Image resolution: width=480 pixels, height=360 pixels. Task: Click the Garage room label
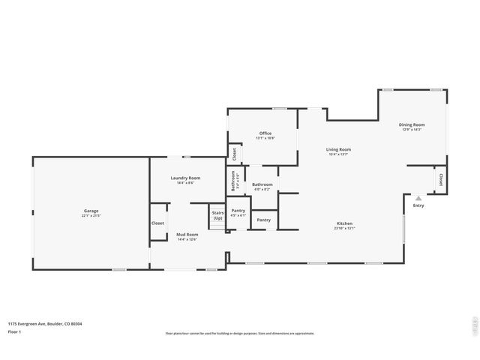[91, 211]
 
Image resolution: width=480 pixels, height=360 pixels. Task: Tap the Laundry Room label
[185, 178]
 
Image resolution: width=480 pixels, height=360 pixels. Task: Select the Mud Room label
[187, 235]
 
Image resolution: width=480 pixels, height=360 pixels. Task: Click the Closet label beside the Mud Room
[157, 223]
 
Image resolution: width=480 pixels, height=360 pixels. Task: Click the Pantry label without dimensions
[263, 220]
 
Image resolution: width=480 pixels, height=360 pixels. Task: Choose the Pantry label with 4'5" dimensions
[238, 211]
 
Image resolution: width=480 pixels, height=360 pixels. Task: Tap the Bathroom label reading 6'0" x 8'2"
[262, 184]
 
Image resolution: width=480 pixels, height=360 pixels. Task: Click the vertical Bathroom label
[233, 181]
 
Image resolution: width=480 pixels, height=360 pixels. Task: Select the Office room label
[265, 133]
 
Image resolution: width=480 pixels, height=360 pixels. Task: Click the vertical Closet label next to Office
[234, 154]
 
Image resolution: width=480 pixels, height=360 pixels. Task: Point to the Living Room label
[338, 149]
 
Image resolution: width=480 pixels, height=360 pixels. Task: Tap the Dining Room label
[412, 124]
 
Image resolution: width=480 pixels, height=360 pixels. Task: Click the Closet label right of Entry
[440, 179]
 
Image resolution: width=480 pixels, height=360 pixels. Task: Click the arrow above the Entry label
[418, 199]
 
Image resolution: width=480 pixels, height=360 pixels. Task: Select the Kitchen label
[344, 224]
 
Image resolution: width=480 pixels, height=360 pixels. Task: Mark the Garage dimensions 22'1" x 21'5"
[91, 216]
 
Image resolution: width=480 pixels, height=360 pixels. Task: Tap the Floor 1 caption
[15, 331]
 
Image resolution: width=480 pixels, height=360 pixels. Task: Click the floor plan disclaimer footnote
[239, 334]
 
